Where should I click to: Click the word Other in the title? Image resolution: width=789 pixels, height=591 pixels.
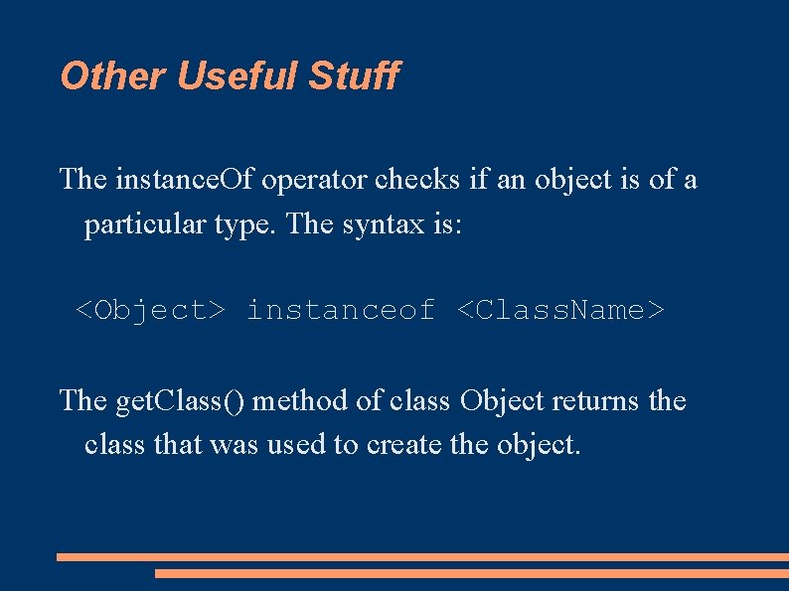102,75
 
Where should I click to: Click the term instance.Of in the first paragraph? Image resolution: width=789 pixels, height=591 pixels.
183,180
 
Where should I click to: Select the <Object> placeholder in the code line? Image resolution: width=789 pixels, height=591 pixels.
151,311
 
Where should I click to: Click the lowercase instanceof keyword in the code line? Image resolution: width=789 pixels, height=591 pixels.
341,311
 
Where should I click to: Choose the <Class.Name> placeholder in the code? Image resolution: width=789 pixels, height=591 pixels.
560,311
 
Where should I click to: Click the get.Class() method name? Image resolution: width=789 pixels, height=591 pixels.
183,401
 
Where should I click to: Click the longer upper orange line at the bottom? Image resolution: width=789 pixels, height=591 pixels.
422,557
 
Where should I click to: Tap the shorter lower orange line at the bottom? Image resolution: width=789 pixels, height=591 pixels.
471,573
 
